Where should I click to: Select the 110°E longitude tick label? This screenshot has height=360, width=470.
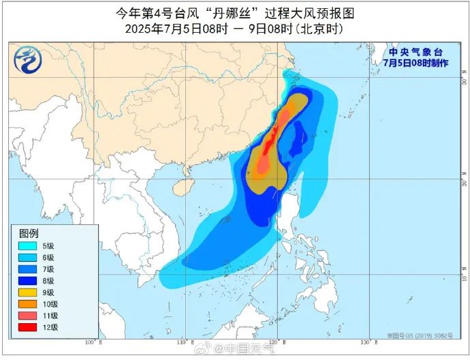pyautogui.click(x=184, y=342)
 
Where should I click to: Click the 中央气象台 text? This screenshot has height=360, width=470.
pyautogui.click(x=415, y=52)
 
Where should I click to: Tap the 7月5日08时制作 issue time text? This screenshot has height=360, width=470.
pyautogui.click(x=415, y=63)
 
